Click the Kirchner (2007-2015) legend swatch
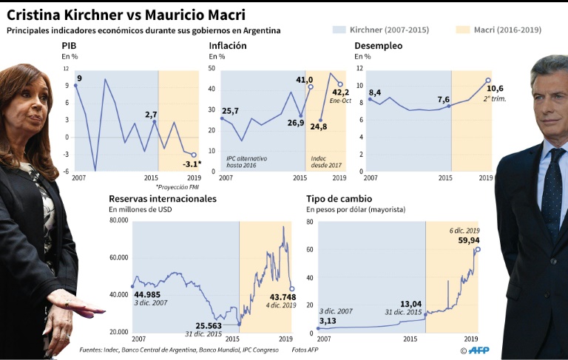pos(339,30)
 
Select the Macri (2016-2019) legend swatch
pos(462,30)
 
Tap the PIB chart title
pos(69,46)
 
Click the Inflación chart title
pos(228,46)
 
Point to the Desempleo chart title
pos(379,46)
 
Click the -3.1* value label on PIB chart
pos(191,164)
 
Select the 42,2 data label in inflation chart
pos(340,92)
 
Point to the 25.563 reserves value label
pos(209,326)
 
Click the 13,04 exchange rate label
pos(410,304)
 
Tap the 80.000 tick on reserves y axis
pos(118,220)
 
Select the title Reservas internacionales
pos(163,199)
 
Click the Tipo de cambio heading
pos(339,199)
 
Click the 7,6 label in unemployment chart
pos(443,99)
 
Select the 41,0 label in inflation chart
pos(304,80)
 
